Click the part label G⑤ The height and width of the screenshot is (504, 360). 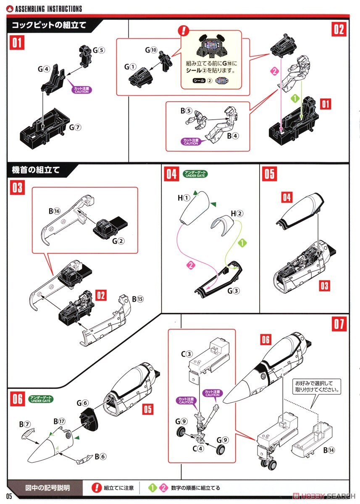99,50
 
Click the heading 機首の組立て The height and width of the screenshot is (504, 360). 36,170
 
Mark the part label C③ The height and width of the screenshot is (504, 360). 187,354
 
